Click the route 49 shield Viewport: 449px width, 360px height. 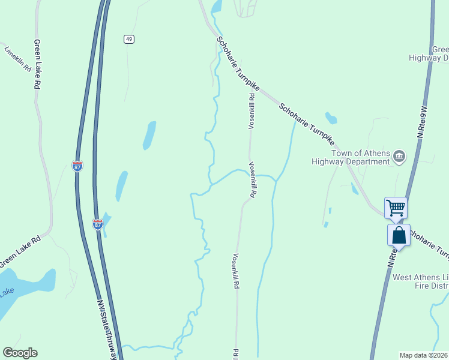tap(129, 39)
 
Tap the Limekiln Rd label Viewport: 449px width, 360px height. tap(17, 59)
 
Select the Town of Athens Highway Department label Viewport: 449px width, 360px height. tap(351, 157)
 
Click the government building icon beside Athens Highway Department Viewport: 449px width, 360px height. tap(399, 157)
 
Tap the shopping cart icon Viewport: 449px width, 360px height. tap(396, 208)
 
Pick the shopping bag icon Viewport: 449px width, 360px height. tap(399, 235)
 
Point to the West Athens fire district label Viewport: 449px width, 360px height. tap(420, 283)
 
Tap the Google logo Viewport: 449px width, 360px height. tap(20, 353)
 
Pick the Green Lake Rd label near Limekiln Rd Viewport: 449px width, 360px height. tap(37, 64)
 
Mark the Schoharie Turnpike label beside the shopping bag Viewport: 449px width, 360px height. tap(429, 244)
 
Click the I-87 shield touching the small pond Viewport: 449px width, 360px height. tap(98, 224)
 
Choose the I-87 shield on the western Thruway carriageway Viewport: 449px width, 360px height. tap(77, 166)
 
